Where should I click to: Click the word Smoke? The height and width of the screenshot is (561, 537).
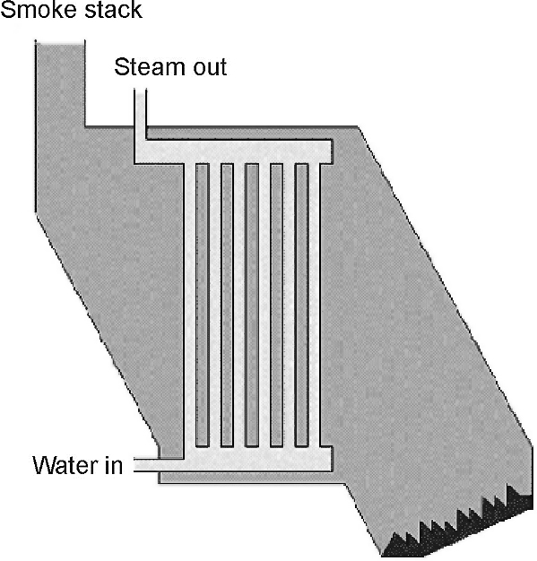point(39,9)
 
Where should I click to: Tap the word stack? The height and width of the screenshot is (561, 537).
point(114,9)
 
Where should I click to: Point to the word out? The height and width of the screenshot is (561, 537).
point(210,68)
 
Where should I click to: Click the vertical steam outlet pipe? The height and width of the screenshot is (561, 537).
point(140,115)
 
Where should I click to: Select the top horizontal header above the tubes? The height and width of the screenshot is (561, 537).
point(233,152)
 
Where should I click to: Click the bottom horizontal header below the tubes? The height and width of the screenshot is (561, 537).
point(258,459)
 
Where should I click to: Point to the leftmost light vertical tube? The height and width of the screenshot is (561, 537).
point(190,306)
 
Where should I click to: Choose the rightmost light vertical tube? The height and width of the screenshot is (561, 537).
point(314,306)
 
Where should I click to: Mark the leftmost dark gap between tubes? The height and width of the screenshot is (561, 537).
point(203,306)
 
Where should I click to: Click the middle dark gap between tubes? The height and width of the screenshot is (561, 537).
point(252,306)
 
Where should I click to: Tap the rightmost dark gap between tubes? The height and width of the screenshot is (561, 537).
point(302,306)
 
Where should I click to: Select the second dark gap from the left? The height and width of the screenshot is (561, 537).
point(227,306)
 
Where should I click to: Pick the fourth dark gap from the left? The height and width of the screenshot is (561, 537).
point(277,306)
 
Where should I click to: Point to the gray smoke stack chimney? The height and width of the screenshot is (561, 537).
point(60,125)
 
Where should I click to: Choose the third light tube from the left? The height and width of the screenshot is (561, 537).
point(239,306)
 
